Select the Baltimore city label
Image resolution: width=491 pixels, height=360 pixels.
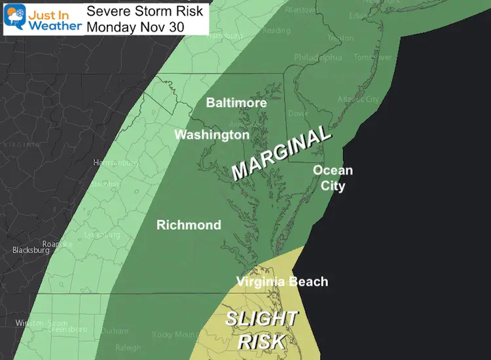[236, 103]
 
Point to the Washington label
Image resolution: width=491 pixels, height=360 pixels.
[211, 135]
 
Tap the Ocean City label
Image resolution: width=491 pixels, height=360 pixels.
[333, 178]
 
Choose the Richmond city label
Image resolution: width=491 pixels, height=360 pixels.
[189, 225]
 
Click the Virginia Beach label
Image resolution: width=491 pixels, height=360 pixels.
[282, 282]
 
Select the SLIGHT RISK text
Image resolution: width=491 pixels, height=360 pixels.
[261, 330]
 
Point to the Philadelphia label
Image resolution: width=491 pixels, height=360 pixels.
[318, 58]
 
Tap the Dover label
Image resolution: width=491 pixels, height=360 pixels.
[299, 113]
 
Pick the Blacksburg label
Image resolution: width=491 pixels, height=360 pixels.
[31, 250]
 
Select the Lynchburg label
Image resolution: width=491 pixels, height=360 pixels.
[103, 234]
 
